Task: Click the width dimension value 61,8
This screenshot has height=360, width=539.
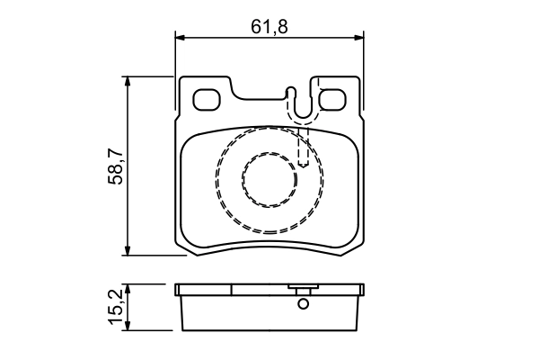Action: (x=269, y=26)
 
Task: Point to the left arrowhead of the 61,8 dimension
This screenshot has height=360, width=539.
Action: (x=180, y=38)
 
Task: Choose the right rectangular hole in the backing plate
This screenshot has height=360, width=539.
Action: (x=333, y=99)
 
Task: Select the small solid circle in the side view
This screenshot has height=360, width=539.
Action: (x=303, y=303)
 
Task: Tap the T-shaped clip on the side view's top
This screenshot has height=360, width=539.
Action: (x=303, y=290)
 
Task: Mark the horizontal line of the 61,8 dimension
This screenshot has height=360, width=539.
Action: (x=225, y=38)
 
